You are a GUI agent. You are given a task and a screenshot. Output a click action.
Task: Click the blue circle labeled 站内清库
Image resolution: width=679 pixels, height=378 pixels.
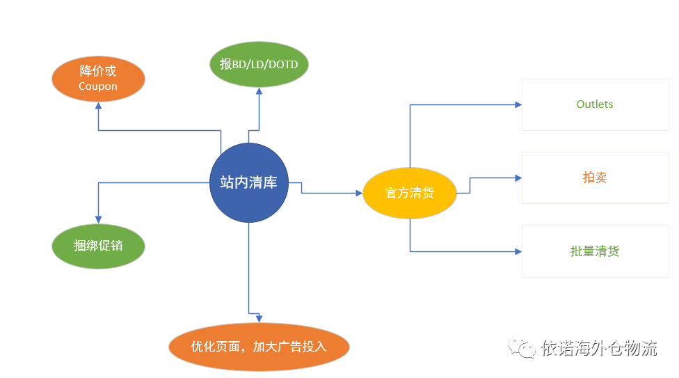click(x=248, y=182)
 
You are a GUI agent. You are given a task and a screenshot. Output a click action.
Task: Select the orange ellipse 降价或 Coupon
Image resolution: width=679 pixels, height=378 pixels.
click(x=98, y=79)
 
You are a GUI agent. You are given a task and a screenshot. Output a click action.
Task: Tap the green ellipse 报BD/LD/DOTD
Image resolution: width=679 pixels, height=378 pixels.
click(x=258, y=65)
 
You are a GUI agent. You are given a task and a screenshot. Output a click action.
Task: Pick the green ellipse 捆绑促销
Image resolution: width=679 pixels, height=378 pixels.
click(x=98, y=246)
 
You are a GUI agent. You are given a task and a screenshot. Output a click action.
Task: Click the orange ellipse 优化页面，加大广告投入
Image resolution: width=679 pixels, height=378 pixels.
click(x=259, y=346)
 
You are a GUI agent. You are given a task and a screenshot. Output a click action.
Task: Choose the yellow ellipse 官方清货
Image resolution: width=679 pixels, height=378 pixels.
click(x=410, y=193)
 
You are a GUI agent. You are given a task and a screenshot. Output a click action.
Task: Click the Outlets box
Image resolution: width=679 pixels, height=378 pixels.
click(x=594, y=104)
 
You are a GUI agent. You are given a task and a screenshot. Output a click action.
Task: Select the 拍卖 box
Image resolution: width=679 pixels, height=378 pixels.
click(x=594, y=178)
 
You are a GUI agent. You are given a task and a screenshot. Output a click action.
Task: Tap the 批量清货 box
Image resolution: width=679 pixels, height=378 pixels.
click(x=594, y=251)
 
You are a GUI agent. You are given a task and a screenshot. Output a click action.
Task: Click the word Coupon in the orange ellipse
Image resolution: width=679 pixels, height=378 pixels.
click(x=98, y=86)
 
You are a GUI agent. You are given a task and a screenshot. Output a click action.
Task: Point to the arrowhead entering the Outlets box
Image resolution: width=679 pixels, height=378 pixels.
click(x=518, y=104)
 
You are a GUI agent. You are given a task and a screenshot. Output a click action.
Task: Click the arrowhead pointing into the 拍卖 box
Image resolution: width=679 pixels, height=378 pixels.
click(x=518, y=178)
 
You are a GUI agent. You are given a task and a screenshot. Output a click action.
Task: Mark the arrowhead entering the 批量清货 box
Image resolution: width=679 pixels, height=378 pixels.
click(x=518, y=251)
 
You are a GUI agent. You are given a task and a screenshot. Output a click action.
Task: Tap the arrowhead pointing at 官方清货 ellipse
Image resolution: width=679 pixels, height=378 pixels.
click(x=358, y=193)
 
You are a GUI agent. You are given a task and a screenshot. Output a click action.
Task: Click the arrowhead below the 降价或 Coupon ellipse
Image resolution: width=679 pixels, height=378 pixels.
click(x=98, y=106)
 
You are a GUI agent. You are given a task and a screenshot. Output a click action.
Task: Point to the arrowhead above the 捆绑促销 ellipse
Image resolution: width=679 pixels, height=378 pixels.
click(x=98, y=220)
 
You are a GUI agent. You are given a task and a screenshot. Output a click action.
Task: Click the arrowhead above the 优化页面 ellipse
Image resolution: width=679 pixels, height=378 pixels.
click(x=259, y=318)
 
